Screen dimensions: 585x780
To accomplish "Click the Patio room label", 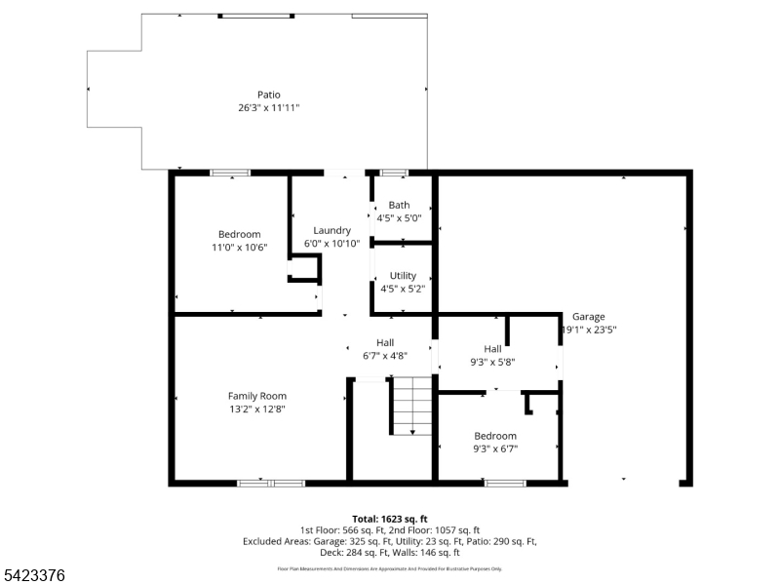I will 268,95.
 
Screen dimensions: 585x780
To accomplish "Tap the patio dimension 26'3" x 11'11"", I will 268,107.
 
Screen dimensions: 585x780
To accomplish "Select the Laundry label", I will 331,230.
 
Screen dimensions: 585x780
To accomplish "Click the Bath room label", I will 399,205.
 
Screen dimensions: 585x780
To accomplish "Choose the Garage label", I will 588,317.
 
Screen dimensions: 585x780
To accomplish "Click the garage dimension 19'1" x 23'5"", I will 589,330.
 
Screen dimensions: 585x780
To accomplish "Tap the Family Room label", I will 257,396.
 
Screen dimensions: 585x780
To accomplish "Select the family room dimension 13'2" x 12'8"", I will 257,409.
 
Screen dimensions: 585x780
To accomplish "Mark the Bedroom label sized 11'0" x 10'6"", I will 239,234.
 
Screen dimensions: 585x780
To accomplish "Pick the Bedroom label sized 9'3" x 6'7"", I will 495,436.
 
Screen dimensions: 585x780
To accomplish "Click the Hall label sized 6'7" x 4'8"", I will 385,342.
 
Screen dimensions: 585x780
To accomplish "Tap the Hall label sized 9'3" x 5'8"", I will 492,349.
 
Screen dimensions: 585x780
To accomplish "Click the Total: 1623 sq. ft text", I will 390,519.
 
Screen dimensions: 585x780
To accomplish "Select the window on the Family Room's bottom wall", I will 271,483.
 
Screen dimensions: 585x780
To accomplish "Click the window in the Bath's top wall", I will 394,173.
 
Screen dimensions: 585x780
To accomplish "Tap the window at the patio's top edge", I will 255,16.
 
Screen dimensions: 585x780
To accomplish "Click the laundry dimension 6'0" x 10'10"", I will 331,244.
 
